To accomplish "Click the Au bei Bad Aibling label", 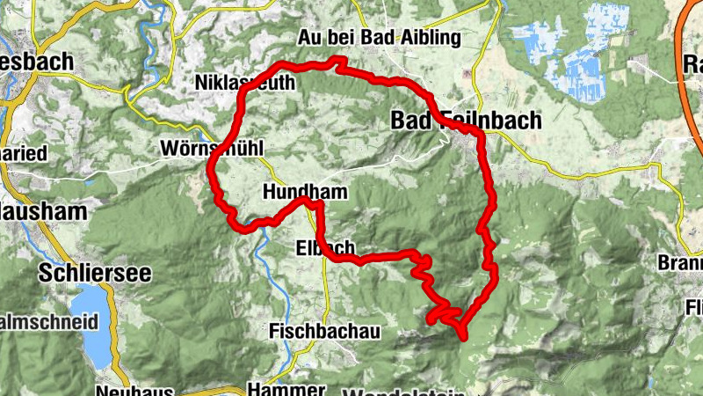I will click(x=379, y=38).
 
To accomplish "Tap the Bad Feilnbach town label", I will click(x=466, y=121).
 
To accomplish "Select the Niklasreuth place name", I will click(x=244, y=83).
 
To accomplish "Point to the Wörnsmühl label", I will click(x=212, y=148).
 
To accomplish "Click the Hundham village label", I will click(x=304, y=191).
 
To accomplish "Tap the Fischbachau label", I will click(x=324, y=331).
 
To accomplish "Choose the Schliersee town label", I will click(x=94, y=273).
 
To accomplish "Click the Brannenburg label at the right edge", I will click(x=681, y=263).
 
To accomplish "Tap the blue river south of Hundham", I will click(x=263, y=255).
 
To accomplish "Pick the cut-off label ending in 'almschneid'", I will click(x=48, y=322).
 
